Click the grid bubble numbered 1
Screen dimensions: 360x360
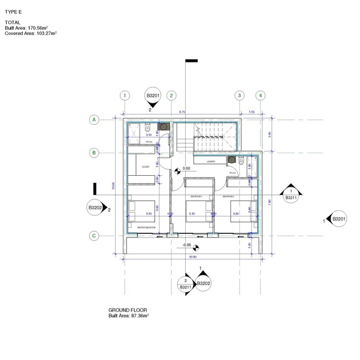125,96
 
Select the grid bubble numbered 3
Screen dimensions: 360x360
239,96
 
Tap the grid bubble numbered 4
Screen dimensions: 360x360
260,96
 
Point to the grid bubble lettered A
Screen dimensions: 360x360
95,120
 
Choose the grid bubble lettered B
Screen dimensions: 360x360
95,153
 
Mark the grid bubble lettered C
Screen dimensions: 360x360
95,236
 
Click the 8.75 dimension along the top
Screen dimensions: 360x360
182,112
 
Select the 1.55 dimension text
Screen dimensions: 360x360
252,112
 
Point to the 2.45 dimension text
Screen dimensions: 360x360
270,134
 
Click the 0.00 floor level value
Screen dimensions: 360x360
186,168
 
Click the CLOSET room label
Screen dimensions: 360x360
146,167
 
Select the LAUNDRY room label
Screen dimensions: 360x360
211,162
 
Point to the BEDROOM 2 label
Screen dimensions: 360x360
228,197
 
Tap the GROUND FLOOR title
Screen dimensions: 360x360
128,310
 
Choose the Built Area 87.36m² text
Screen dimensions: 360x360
129,316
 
